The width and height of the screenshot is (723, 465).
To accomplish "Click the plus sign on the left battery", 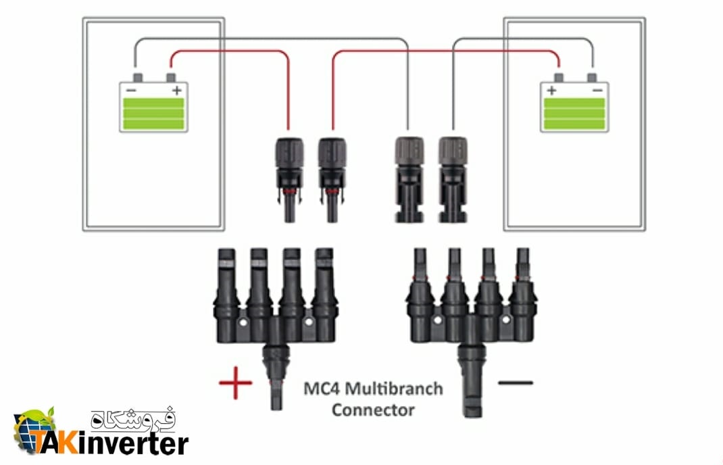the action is click(x=176, y=91).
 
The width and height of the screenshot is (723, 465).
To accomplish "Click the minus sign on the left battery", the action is click(x=131, y=90).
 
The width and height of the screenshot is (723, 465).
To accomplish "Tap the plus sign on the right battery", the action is click(x=552, y=91).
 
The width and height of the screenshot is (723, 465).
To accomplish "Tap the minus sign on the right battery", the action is click(x=597, y=90).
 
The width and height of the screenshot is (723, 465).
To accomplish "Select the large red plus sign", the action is click(x=236, y=383).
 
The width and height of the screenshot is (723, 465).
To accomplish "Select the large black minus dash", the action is click(x=516, y=383).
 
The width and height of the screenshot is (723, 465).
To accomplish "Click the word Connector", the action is click(x=373, y=410).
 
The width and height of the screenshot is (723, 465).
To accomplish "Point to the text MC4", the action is click(x=322, y=389).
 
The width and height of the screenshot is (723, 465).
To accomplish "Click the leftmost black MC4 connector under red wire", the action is click(x=289, y=180).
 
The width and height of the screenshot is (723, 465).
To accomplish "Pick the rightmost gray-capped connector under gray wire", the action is click(x=453, y=179).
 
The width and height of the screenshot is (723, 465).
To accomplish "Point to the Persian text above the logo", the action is click(x=133, y=418).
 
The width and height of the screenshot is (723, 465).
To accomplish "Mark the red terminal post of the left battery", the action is click(x=170, y=77).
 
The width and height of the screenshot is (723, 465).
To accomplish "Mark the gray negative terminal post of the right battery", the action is click(x=592, y=77).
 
